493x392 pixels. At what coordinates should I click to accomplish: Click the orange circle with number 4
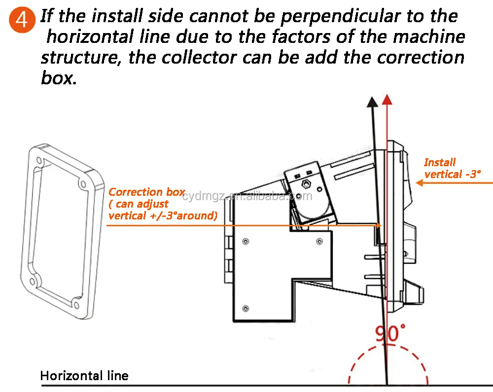pyautogui.click(x=22, y=20)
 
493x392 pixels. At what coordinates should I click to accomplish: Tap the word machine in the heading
pyautogui.click(x=429, y=36)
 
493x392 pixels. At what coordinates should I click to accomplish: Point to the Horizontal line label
pyautogui.click(x=84, y=376)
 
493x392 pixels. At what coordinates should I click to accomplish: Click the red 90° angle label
pyautogui.click(x=390, y=333)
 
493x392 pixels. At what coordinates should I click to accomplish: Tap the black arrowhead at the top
pyautogui.click(x=373, y=102)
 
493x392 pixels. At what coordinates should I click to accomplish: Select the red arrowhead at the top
pyautogui.click(x=387, y=99)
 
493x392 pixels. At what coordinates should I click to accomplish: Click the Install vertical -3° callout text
pyautogui.click(x=452, y=168)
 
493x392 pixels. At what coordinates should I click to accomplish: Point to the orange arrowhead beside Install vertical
pyautogui.click(x=420, y=182)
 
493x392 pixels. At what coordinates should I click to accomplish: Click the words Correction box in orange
pyautogui.click(x=147, y=192)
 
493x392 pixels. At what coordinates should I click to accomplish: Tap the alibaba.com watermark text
pyautogui.click(x=247, y=196)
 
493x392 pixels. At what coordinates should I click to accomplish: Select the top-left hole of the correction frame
pyautogui.click(x=39, y=160)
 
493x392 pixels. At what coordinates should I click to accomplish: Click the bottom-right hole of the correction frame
pyautogui.click(x=76, y=304)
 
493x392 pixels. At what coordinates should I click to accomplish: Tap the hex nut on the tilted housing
pyautogui.click(x=305, y=183)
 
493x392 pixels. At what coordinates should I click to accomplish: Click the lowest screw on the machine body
pyautogui.click(x=246, y=308)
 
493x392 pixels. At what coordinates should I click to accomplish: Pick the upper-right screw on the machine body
pyautogui.click(x=319, y=242)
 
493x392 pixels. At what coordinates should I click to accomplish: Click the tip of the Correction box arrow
pyautogui.click(x=381, y=225)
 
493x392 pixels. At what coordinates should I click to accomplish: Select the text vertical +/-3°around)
pyautogui.click(x=163, y=215)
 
